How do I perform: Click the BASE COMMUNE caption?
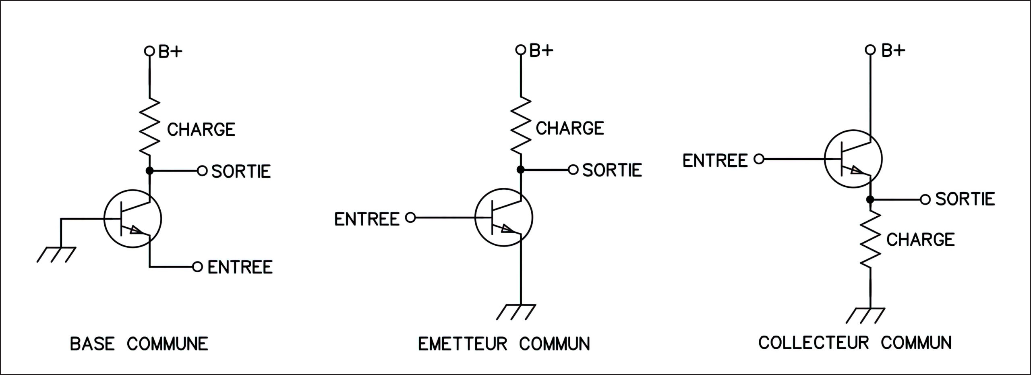[x=139, y=344]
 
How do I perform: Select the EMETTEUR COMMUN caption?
[x=504, y=344]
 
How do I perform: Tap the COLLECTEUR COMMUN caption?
[x=855, y=343]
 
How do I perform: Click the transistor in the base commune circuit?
[x=133, y=219]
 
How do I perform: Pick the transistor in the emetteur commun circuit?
[x=504, y=218]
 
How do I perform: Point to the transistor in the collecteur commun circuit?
[x=853, y=159]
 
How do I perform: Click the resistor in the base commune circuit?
[x=149, y=127]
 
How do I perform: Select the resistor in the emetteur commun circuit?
[x=520, y=126]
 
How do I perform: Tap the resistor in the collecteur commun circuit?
[x=870, y=239]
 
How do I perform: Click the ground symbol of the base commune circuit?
[x=56, y=254]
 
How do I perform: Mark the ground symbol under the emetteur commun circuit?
[x=516, y=312]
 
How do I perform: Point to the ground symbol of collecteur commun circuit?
[x=866, y=315]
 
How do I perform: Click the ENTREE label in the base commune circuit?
[x=240, y=267]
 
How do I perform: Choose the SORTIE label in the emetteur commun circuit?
[x=612, y=170]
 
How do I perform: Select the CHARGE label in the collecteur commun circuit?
[x=921, y=240]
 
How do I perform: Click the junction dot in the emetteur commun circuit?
[x=520, y=170]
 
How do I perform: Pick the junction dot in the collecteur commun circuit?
[x=870, y=199]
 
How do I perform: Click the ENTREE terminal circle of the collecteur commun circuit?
[x=759, y=160]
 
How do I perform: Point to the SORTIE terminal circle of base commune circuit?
[x=202, y=171]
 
